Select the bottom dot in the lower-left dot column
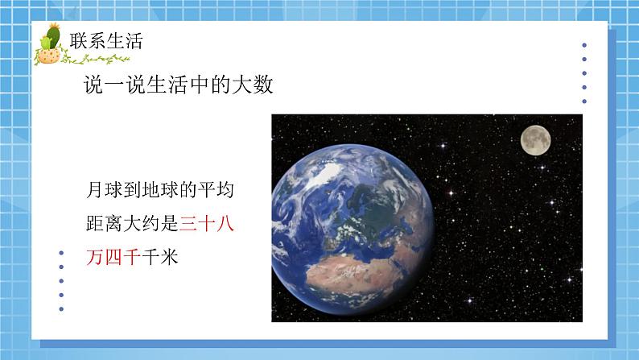coord(63,308)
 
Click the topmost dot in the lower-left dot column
coord(63,252)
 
